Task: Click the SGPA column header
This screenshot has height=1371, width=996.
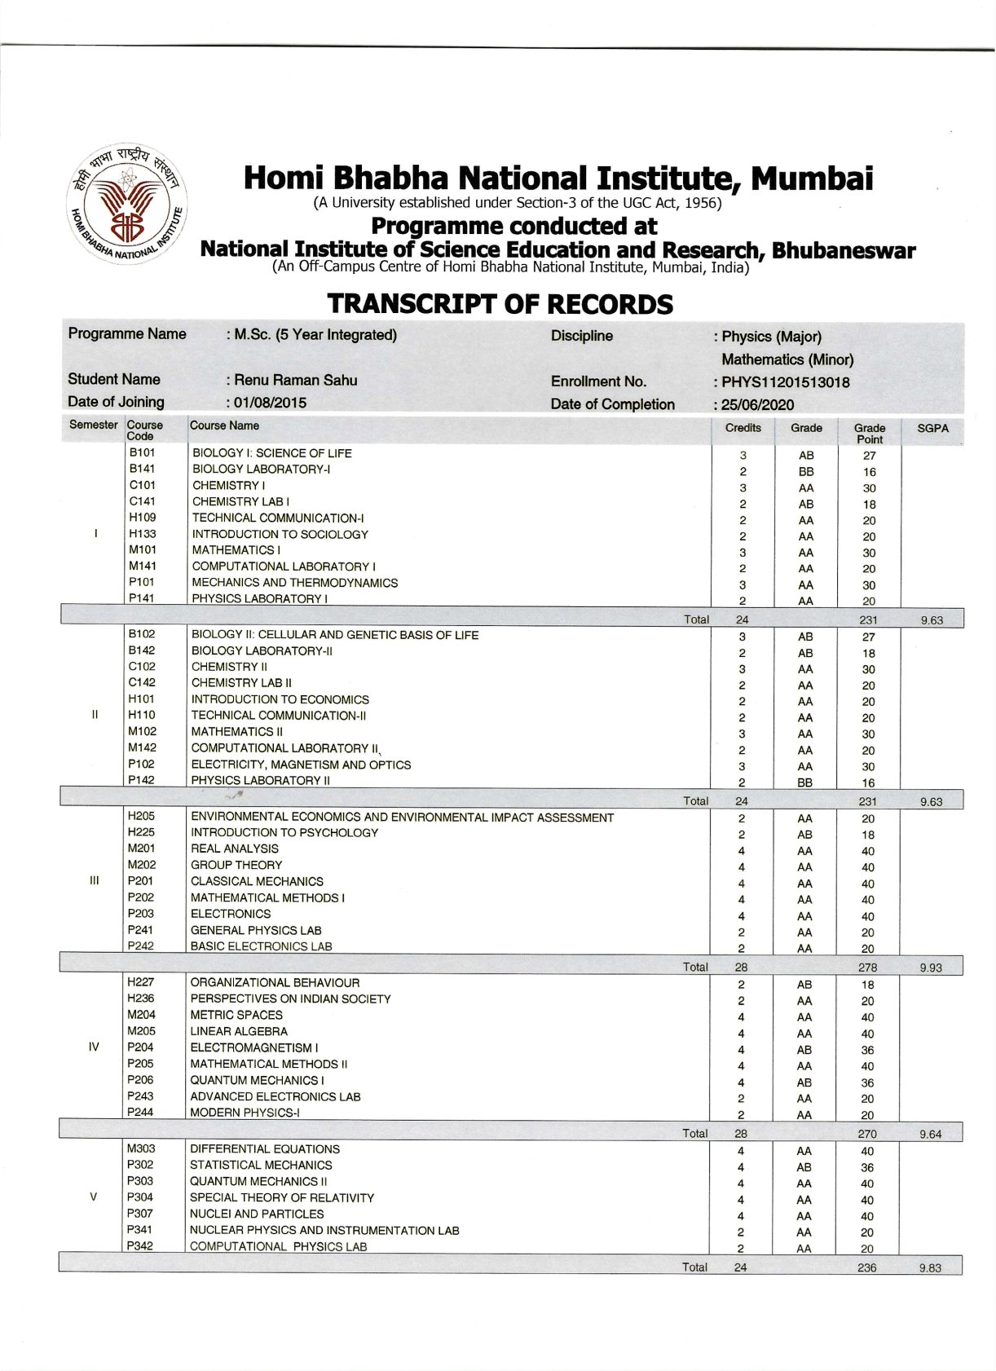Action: point(932,428)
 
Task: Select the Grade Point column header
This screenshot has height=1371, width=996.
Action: point(869,434)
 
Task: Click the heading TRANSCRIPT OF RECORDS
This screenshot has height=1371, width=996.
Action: point(500,304)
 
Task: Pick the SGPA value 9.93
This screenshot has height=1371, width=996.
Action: point(930,968)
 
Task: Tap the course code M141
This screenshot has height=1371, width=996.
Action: point(142,566)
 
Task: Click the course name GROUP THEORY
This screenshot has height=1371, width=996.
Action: point(236,865)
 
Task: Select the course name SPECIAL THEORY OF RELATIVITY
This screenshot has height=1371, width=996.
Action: point(281,1197)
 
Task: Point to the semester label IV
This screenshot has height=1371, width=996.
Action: point(93,1047)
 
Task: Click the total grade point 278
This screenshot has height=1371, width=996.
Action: point(867,968)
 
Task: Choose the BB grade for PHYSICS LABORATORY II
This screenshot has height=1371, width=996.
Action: point(804,782)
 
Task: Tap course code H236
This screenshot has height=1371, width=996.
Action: point(140,998)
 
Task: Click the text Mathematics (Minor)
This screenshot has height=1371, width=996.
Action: point(787,359)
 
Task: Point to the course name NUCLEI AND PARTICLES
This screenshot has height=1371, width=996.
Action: point(257,1214)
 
